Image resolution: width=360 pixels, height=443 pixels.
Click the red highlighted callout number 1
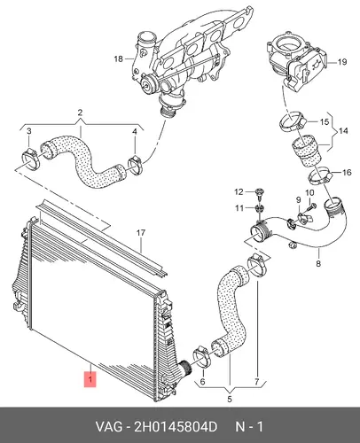click(90, 378)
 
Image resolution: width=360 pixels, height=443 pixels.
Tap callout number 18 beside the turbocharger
click(118, 58)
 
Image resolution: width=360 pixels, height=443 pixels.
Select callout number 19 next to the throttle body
click(342, 62)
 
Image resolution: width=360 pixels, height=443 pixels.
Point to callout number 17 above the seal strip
click(141, 233)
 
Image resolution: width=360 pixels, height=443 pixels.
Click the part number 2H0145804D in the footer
click(176, 427)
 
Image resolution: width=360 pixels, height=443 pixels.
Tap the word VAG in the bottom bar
click(108, 427)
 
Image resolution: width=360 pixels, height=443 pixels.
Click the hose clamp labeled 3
click(31, 159)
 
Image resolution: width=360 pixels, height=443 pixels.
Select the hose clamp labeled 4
click(135, 164)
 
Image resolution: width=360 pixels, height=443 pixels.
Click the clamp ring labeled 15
click(293, 122)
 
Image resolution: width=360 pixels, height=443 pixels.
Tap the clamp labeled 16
click(319, 175)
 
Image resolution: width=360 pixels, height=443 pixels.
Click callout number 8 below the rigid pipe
click(318, 263)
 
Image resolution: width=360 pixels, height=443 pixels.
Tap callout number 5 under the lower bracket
click(230, 399)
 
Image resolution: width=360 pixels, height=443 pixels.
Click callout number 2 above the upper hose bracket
click(80, 113)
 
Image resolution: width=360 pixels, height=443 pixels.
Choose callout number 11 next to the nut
click(239, 208)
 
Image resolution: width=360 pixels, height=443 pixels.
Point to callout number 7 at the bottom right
click(256, 381)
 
